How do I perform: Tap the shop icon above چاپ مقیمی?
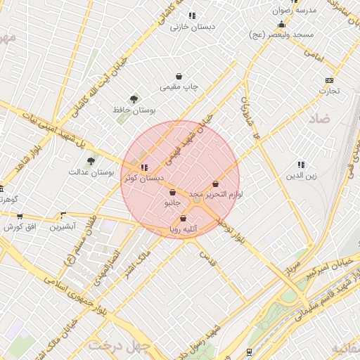(180, 77)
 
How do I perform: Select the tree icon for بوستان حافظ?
(134, 99)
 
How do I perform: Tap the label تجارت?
(330, 91)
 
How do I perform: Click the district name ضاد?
(318, 119)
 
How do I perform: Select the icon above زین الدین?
(301, 165)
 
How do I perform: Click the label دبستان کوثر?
(139, 179)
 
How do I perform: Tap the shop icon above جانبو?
(172, 193)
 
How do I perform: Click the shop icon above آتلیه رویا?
(184, 219)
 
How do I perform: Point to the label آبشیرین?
(63, 227)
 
